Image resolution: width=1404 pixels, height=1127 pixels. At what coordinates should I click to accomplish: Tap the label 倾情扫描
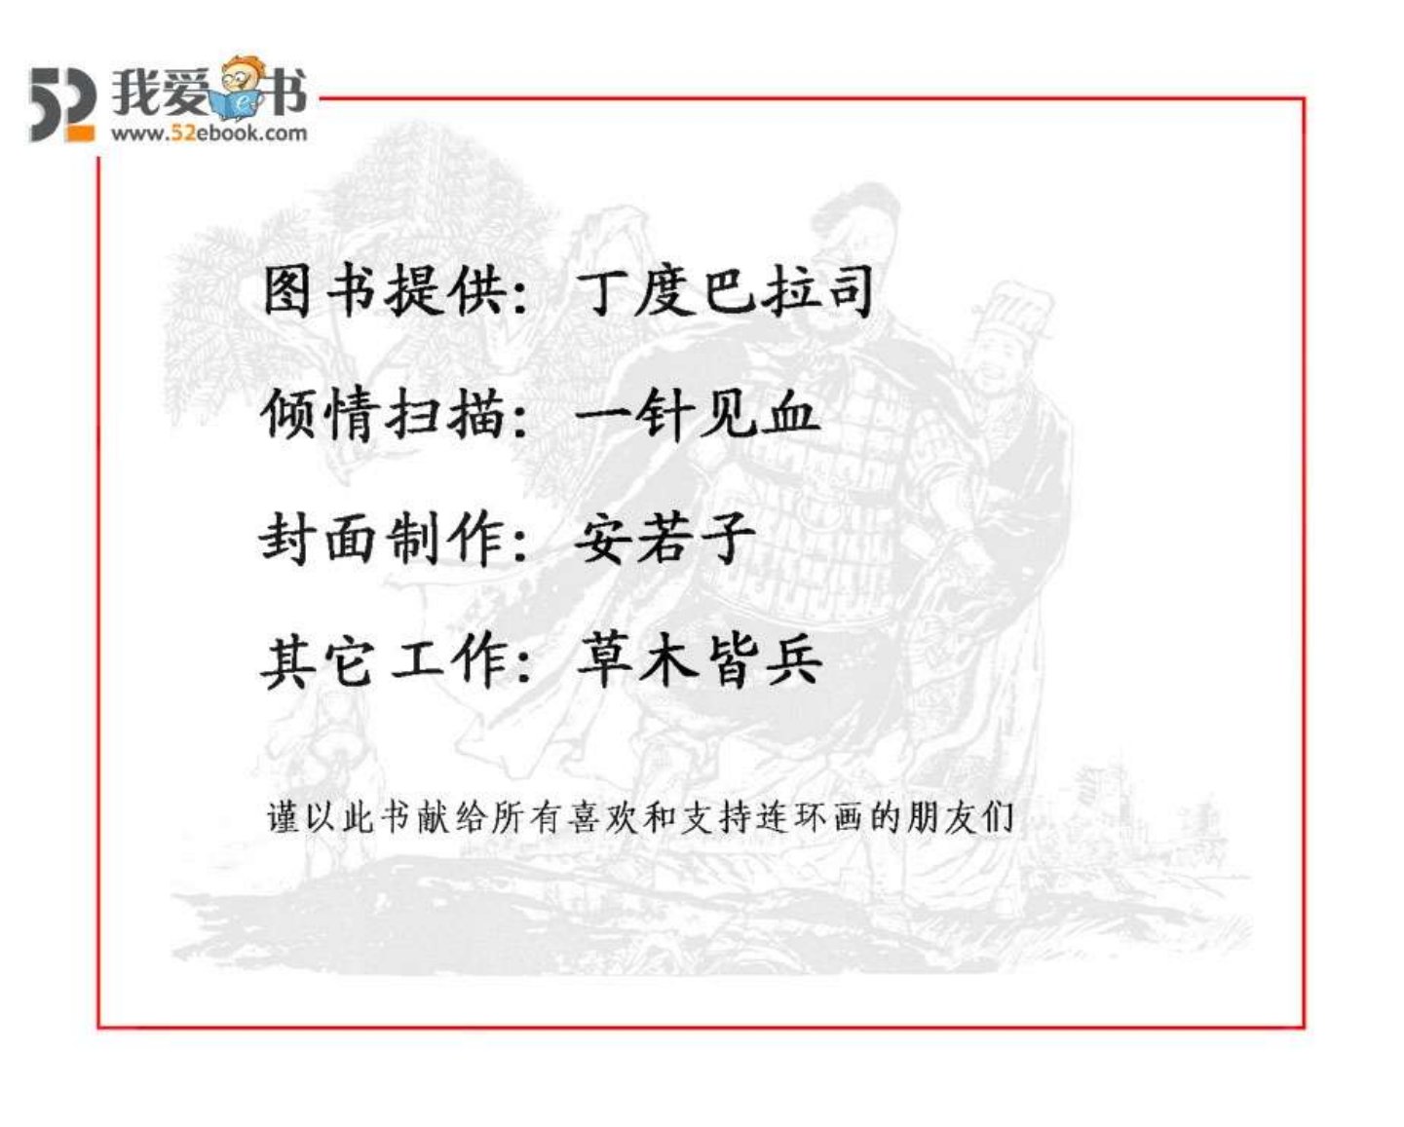coord(384,414)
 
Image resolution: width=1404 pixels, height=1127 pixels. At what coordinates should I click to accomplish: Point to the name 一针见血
coord(696,414)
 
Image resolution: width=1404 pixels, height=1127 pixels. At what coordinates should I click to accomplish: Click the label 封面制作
coord(384,538)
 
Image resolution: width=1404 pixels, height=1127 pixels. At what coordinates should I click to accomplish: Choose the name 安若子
coord(664,538)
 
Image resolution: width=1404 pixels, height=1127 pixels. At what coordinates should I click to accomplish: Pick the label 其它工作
coord(384,660)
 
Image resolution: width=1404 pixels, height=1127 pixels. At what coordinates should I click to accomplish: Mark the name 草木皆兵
coord(699,660)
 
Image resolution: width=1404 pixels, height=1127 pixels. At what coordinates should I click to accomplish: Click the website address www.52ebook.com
coord(209,133)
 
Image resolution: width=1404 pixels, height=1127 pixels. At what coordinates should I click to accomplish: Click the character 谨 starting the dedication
coord(282,816)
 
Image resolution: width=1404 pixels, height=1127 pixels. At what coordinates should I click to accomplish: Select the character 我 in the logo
coord(136,93)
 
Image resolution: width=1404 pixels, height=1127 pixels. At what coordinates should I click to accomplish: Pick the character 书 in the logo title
coord(285,93)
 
